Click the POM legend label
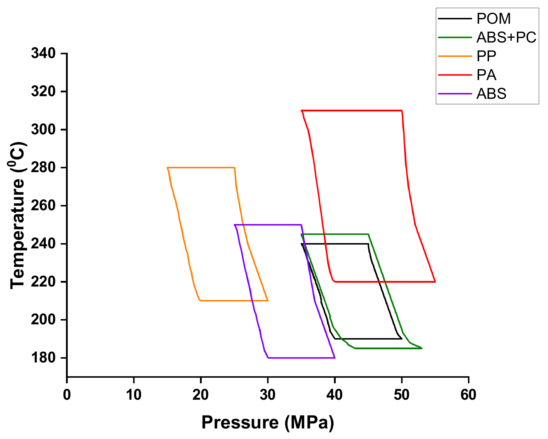tap(493, 19)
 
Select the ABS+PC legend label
tap(506, 38)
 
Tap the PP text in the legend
tap(486, 56)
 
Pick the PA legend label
tap(486, 75)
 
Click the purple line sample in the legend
tap(455, 94)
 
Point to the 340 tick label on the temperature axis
tap(43, 53)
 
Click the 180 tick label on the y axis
tap(43, 358)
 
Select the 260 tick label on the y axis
tap(43, 206)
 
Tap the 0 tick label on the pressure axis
tap(67, 395)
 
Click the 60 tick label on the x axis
tap(468, 395)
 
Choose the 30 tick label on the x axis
tap(267, 395)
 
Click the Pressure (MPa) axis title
tap(267, 423)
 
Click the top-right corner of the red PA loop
tap(402, 111)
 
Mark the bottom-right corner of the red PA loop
tap(435, 282)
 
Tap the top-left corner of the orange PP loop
tap(167, 168)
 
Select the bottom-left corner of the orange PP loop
tap(200, 301)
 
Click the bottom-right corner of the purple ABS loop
tap(335, 358)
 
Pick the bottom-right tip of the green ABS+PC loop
tap(422, 348)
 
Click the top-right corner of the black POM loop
tap(368, 244)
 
